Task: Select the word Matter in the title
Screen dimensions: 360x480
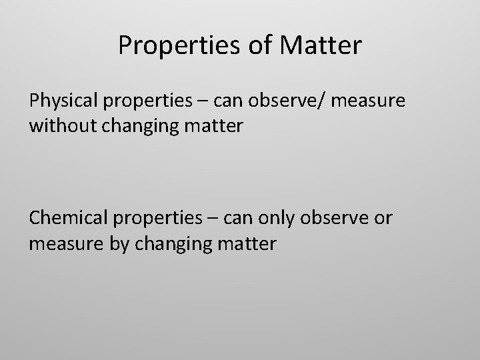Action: [x=323, y=45]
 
